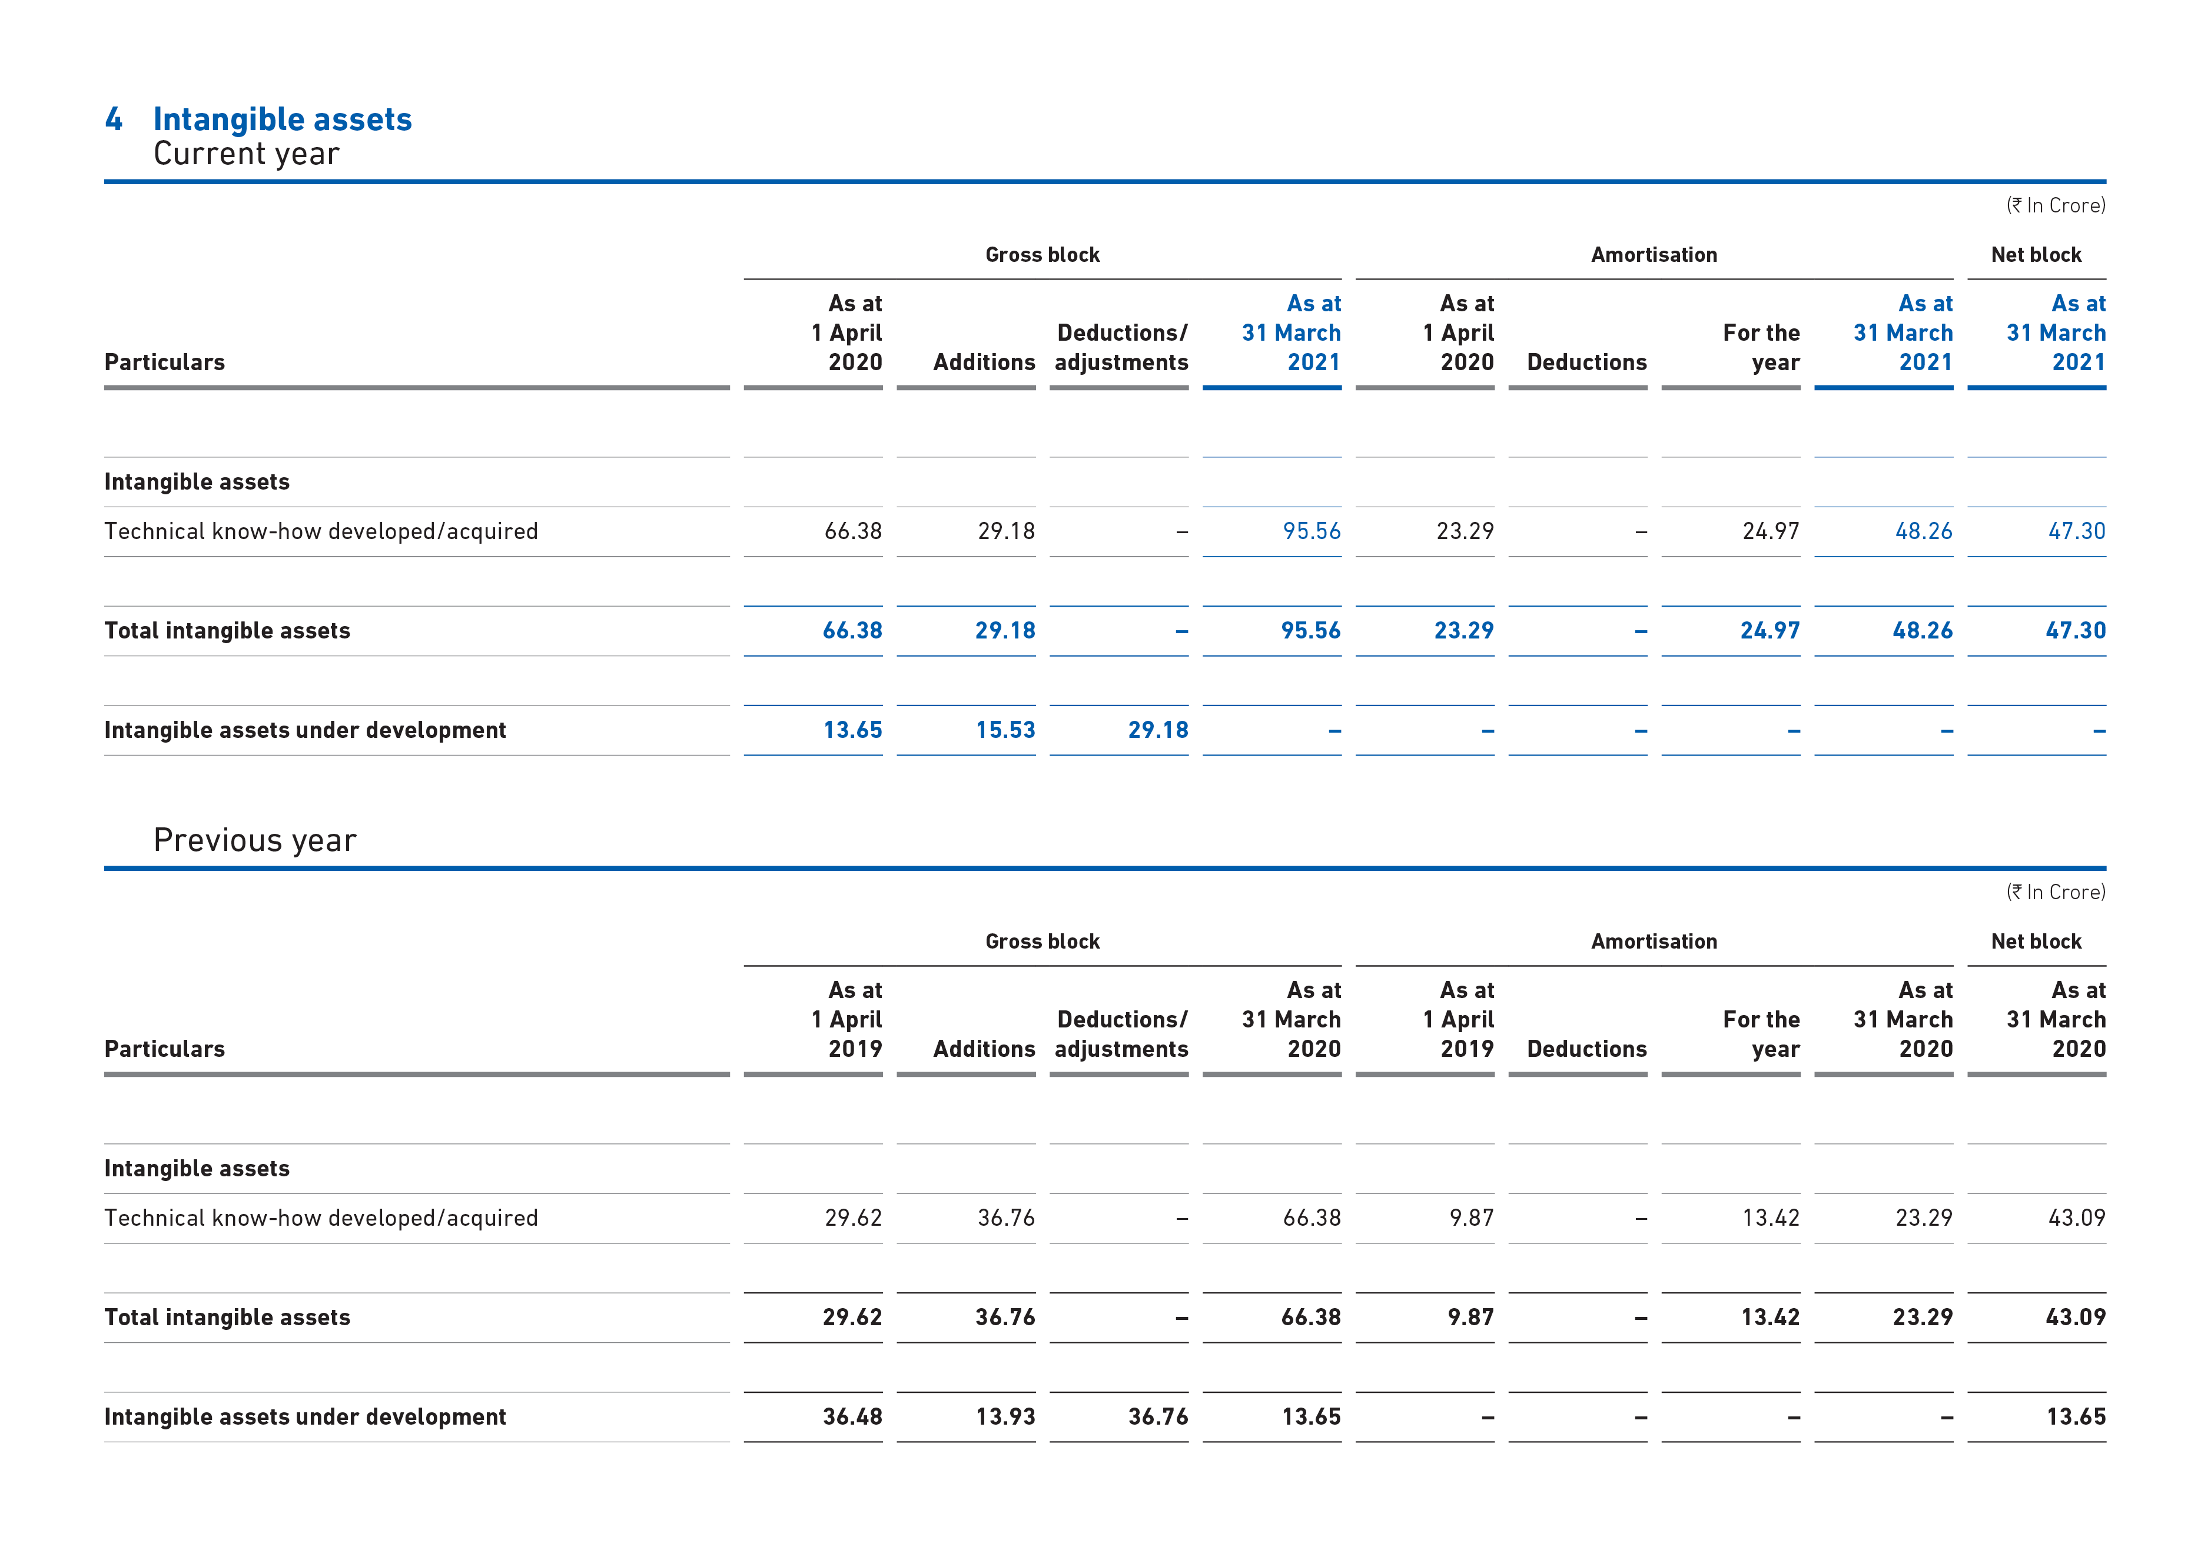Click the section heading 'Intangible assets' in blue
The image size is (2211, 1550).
(x=282, y=119)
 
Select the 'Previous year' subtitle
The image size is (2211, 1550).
(x=255, y=840)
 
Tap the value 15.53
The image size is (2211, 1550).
(x=1005, y=730)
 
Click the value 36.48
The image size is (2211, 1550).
(x=852, y=1416)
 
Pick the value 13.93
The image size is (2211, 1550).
(x=1005, y=1416)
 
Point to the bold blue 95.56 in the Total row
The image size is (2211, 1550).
(x=1310, y=631)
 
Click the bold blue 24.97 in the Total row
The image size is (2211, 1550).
(x=1770, y=631)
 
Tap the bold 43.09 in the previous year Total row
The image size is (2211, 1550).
(x=2076, y=1317)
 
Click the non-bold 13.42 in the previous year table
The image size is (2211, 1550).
(x=1771, y=1218)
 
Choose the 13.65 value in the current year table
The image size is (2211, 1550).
(x=852, y=730)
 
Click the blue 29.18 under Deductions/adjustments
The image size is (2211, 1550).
(x=1158, y=730)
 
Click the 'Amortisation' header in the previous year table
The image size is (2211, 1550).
(x=1654, y=942)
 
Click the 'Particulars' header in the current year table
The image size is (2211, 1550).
(x=165, y=362)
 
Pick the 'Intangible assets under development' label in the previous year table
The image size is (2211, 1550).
(x=306, y=1417)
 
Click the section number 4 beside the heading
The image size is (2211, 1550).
(x=114, y=119)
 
